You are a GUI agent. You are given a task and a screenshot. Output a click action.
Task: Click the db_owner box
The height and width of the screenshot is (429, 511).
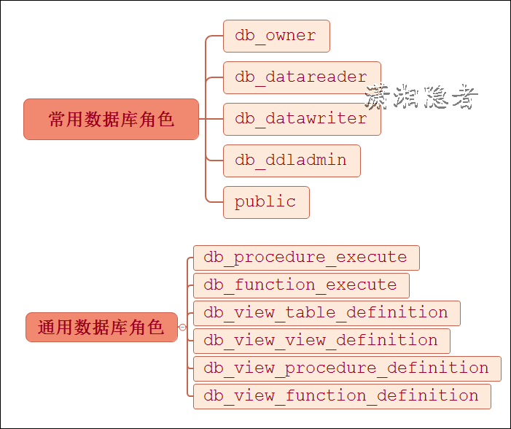pos(276,36)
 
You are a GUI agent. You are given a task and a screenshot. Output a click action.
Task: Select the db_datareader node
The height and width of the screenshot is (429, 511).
pos(302,77)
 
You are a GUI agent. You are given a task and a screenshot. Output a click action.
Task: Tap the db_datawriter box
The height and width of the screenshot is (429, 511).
pos(302,119)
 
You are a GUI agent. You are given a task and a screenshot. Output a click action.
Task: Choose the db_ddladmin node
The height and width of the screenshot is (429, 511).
pos(292,160)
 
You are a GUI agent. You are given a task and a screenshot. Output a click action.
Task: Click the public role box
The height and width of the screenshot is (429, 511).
pos(266,202)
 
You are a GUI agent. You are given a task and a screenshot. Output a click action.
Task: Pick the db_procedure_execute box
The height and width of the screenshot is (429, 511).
pos(306,258)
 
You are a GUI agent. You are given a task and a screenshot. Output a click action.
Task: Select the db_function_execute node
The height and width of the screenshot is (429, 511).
pos(301,285)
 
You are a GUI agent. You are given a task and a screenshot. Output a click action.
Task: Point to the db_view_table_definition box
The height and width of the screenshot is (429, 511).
pos(327,313)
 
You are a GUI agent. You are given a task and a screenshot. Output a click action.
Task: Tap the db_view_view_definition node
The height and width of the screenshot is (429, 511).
pos(321,341)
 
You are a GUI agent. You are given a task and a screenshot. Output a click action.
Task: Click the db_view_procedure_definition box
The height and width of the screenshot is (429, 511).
pos(347,368)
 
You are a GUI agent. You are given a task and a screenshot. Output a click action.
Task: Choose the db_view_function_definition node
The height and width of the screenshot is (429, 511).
pos(342,396)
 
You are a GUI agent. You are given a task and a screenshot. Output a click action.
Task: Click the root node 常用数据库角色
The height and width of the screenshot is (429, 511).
pos(111,119)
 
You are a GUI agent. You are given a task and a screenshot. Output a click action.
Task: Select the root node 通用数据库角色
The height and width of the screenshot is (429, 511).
pos(101,327)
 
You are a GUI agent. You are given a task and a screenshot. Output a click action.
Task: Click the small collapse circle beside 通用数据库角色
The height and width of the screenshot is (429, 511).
pos(182,327)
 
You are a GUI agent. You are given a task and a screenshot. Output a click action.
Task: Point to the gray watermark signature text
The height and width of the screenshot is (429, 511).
pos(421,97)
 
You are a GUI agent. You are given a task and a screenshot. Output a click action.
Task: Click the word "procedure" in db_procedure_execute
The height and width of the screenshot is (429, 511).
pos(280,258)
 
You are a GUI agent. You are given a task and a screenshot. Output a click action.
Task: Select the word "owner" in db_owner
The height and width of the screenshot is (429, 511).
pos(291,36)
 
